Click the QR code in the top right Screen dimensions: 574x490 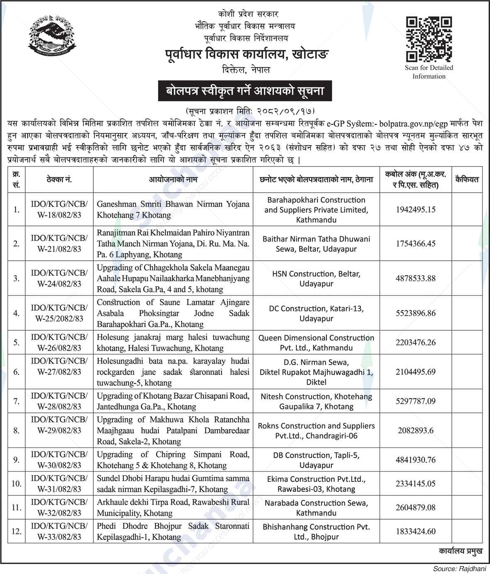click(x=429, y=39)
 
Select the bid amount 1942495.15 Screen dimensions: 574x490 click(x=415, y=210)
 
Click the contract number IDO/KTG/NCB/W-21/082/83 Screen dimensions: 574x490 click(x=59, y=243)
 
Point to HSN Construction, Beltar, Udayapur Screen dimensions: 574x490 click(x=316, y=279)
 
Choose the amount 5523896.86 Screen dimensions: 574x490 click(x=415, y=313)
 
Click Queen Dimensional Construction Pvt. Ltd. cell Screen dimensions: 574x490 click(x=316, y=343)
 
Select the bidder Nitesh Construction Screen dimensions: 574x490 click(x=316, y=401)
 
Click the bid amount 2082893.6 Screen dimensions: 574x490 click(x=415, y=430)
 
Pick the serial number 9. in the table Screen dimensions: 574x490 click(x=17, y=460)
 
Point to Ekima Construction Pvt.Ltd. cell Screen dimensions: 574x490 click(x=316, y=484)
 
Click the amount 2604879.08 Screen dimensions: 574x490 click(x=415, y=508)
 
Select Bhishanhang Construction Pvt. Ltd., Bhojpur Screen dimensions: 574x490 click(x=316, y=532)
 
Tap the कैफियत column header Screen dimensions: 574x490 click(x=466, y=179)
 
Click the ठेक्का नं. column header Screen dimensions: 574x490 click(x=59, y=179)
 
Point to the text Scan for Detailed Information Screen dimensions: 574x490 click(x=429, y=72)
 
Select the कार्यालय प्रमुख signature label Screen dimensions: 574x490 click(x=460, y=551)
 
